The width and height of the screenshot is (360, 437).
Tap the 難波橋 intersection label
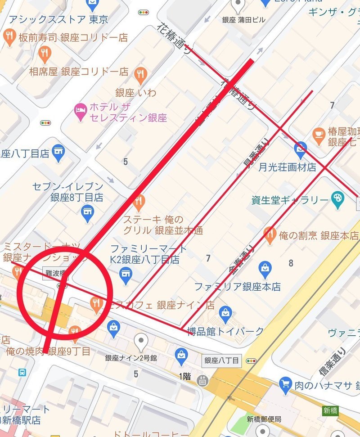tap(55, 273)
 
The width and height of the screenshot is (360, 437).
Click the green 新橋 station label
tap(330, 410)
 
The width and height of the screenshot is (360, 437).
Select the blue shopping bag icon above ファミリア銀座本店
tap(265, 270)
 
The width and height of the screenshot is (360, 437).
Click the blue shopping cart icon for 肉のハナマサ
tap(285, 385)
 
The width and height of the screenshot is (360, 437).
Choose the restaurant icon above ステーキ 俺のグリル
tap(139, 202)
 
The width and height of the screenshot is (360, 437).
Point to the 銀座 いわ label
tap(135, 93)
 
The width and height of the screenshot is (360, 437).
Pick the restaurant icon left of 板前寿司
tap(9, 38)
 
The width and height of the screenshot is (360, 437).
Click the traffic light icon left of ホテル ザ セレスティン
tap(45, 123)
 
